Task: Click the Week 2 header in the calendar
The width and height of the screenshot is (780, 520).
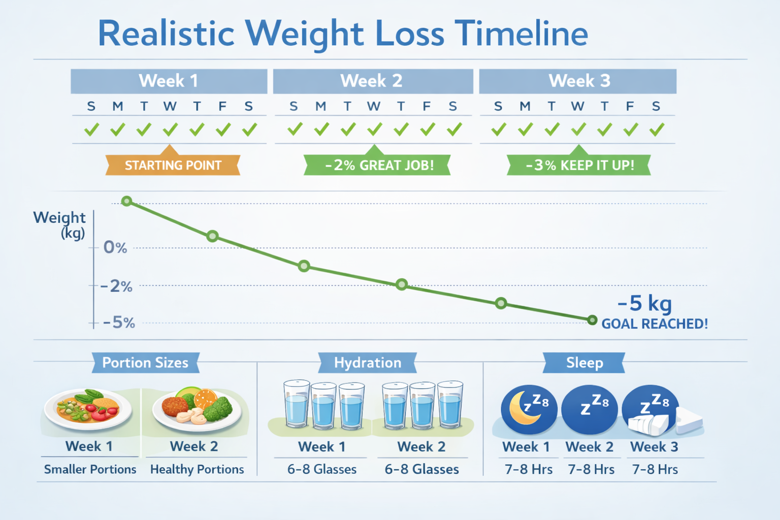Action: [x=372, y=81]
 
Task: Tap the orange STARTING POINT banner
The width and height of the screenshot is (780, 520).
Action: [x=173, y=166]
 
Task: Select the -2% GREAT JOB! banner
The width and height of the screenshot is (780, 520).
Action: [x=379, y=166]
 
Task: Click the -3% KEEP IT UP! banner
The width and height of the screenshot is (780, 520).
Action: [x=579, y=166]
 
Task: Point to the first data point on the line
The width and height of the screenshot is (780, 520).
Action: [x=127, y=201]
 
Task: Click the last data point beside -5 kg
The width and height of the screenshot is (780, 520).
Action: [x=592, y=320]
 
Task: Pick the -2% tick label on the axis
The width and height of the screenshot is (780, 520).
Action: [x=117, y=286]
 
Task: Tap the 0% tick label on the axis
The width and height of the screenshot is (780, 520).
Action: [x=115, y=248]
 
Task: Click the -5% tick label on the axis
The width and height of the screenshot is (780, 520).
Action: [x=119, y=323]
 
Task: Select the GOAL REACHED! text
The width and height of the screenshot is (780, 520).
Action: [x=654, y=324]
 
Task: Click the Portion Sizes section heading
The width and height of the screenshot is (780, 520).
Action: [x=145, y=363]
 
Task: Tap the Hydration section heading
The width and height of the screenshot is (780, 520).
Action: [x=368, y=363]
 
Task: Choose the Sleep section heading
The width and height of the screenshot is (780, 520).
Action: [x=584, y=363]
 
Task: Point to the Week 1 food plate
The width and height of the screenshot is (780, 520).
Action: [x=88, y=408]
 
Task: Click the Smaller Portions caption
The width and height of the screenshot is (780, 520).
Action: [x=90, y=469]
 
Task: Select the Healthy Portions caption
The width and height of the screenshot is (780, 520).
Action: [x=197, y=469]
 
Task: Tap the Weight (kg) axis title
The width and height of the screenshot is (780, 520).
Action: [x=59, y=224]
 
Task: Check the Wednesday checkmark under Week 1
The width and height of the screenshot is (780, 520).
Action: [x=170, y=130]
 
